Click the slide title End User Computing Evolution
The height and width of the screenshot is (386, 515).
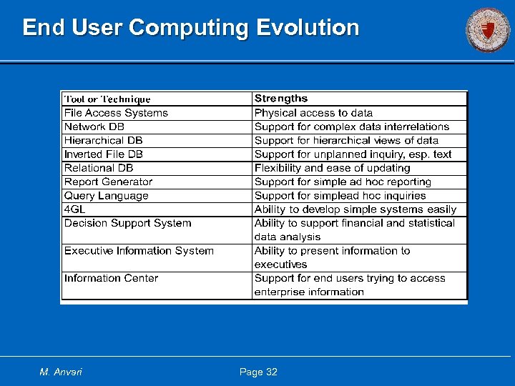coord(190,28)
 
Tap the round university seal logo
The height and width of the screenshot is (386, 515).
coord(488,29)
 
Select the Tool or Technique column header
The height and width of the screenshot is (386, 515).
coord(107,99)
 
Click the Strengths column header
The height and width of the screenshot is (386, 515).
coord(281,99)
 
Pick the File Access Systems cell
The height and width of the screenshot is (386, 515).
coord(116,113)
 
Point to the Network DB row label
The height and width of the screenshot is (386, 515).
coord(94,127)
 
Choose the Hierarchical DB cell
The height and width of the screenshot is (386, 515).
coord(104,140)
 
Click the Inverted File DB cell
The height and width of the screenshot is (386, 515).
coord(104,154)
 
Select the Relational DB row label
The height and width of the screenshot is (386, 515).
coord(99,168)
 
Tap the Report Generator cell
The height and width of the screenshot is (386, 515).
coord(108,182)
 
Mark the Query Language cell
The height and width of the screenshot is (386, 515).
coord(107,195)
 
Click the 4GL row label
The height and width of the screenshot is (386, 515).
coord(74,209)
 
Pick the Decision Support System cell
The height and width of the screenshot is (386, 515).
coord(128,223)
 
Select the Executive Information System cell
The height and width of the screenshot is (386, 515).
coord(139,251)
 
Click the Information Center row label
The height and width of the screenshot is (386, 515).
coord(111,278)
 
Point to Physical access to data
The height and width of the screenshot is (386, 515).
coord(313,113)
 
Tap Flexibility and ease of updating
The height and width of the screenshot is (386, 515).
coord(332,168)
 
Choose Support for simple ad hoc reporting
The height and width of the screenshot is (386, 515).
coord(343,182)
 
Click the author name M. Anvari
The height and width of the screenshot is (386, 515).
coord(61,372)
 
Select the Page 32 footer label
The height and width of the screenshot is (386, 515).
coord(258,372)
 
